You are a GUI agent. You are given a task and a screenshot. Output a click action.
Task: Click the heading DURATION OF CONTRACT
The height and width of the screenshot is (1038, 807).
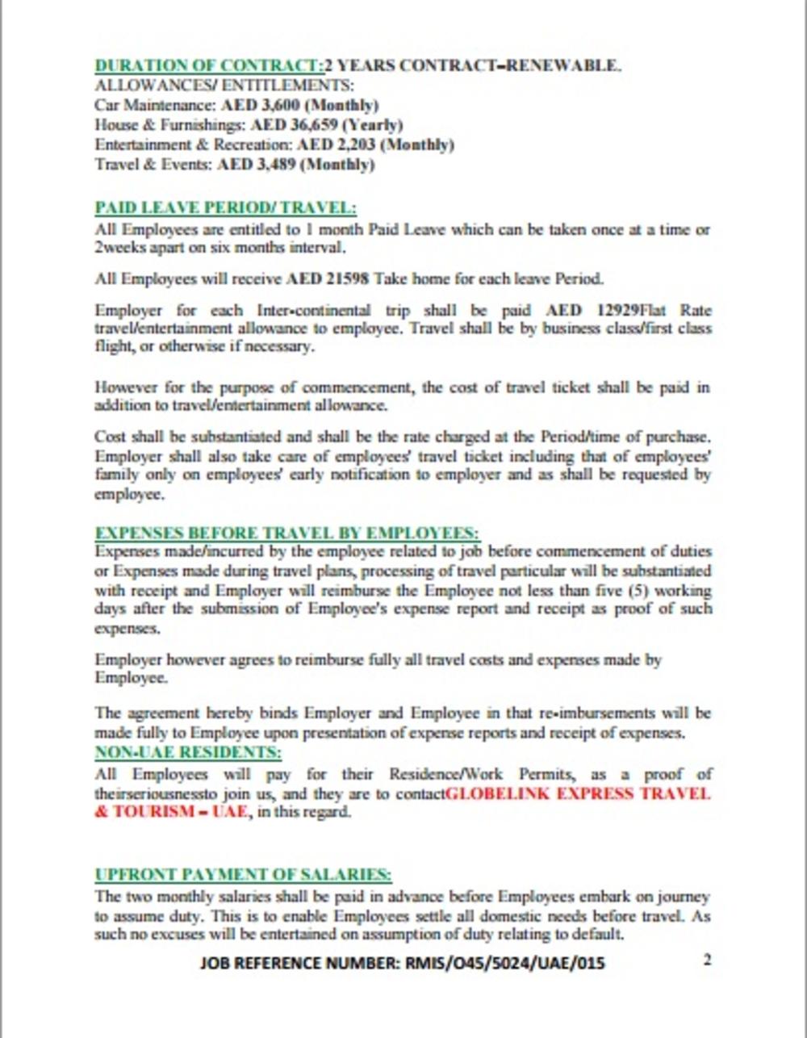(207, 65)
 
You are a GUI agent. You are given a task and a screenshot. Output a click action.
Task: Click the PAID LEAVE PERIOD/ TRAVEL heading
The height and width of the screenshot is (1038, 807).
(225, 207)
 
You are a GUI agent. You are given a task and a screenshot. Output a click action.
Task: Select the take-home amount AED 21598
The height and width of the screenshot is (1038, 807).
(327, 278)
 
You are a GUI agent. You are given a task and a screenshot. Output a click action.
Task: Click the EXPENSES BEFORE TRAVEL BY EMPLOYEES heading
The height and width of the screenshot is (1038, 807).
(287, 534)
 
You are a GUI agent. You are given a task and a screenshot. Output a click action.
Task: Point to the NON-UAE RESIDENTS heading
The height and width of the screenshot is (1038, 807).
(188, 752)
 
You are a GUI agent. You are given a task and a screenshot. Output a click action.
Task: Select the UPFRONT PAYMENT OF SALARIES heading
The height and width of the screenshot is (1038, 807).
(243, 875)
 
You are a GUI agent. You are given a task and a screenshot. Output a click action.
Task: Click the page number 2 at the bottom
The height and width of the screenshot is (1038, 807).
(708, 960)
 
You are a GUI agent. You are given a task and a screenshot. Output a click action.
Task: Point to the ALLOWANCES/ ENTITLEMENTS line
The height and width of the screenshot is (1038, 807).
(224, 86)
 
